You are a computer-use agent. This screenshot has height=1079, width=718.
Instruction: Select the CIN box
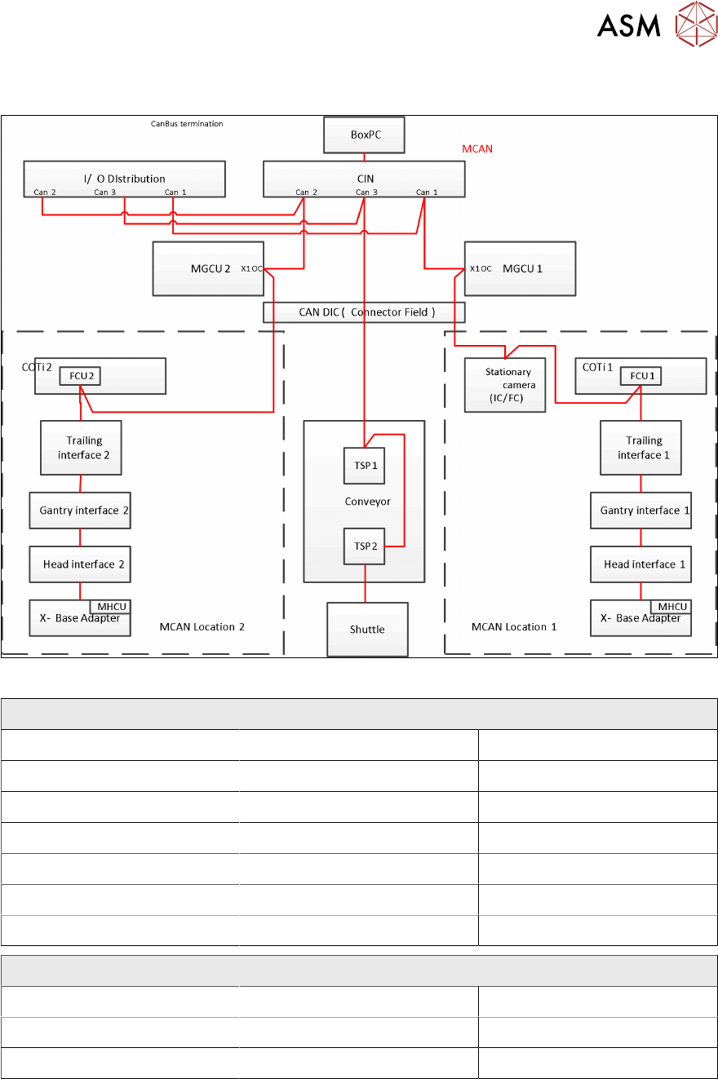364,179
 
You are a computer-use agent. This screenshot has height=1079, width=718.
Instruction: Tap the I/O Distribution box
124,179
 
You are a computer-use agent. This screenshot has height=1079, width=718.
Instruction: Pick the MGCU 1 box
519,268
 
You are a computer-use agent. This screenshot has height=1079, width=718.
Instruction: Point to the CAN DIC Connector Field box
364,312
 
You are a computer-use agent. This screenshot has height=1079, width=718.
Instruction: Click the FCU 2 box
79,377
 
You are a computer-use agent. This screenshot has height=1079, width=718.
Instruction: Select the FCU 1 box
640,377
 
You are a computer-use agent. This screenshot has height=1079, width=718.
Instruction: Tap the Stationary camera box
505,383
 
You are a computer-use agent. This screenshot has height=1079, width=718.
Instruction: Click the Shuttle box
367,629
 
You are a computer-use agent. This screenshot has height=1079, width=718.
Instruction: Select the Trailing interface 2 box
81,447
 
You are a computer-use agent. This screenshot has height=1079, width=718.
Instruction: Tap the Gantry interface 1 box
640,511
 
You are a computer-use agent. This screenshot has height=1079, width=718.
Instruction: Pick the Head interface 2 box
80,564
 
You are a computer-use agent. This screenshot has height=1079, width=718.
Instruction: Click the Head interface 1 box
640,564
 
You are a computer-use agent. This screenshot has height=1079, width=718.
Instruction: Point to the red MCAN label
477,149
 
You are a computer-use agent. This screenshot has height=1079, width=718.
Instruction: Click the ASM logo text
628,26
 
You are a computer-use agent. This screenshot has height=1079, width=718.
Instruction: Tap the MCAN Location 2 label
202,627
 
